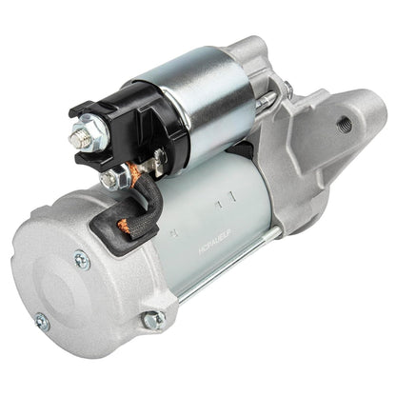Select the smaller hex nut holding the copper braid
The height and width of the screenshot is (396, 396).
(112, 177)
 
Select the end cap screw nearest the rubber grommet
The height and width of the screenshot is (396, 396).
(83, 258)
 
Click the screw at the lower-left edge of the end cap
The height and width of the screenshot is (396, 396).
(41, 322)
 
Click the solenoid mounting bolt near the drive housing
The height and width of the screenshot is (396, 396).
(285, 90)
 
